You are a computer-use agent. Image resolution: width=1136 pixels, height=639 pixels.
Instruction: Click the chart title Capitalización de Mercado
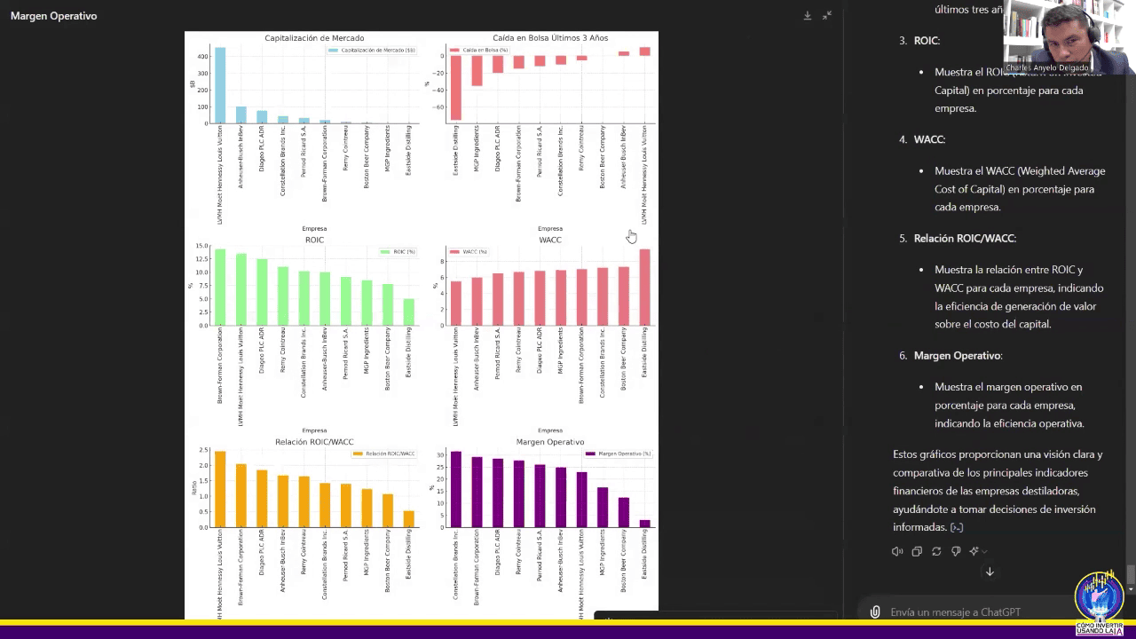314,38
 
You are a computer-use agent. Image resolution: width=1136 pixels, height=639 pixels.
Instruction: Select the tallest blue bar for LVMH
220,85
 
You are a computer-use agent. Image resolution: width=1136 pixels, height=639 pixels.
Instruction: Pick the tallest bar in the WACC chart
645,288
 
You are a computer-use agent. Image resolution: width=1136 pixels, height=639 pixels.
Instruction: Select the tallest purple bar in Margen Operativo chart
455,489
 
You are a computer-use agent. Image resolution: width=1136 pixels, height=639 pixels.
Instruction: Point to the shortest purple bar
645,524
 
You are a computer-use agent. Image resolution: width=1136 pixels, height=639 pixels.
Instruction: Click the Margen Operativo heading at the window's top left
53,16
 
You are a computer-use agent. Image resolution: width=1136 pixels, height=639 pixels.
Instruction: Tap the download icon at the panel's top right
808,16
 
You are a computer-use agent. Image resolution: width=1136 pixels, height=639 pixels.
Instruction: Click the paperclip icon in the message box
875,612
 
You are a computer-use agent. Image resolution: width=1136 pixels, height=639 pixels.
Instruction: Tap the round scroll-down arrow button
990,572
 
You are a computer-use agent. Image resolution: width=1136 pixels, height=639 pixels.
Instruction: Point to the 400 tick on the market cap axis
202,56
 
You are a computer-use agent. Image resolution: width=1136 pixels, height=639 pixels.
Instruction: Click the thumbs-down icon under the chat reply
956,551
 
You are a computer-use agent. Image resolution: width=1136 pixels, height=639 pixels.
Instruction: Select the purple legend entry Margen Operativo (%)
619,454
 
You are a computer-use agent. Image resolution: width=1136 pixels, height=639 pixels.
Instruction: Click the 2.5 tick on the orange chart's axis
203,450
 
